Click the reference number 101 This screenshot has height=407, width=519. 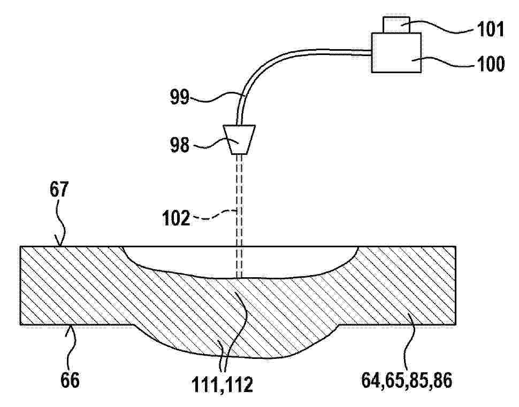(490, 29)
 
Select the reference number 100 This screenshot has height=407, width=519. (490, 64)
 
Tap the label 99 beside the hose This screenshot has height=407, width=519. (180, 97)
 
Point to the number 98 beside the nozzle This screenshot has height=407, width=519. (180, 145)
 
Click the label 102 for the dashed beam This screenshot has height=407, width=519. (176, 218)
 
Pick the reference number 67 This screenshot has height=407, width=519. (59, 190)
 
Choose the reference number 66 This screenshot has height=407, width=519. (70, 380)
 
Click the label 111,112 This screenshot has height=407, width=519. (223, 385)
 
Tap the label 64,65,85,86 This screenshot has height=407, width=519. (407, 381)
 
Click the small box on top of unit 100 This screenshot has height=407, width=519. (396, 25)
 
